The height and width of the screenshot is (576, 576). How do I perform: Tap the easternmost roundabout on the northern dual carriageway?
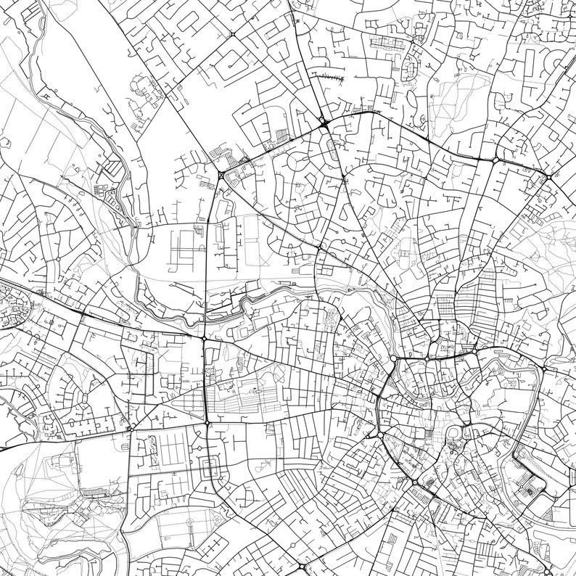pyautogui.click(x=549, y=176)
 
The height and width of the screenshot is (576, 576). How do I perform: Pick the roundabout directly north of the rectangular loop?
pyautogui.click(x=207, y=422)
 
